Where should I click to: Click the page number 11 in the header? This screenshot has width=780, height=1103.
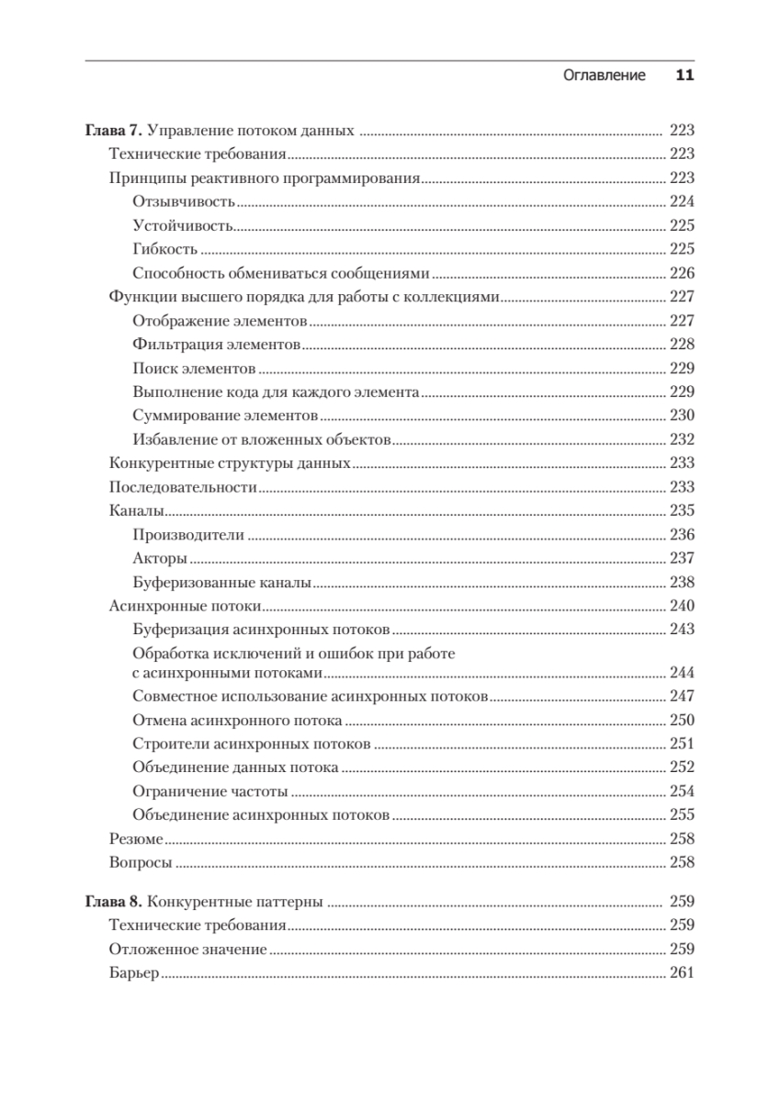tap(684, 75)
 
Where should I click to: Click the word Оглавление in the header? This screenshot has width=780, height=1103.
tap(604, 75)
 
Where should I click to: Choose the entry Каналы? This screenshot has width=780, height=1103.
tap(136, 511)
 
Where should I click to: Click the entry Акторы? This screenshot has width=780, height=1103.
tap(160, 559)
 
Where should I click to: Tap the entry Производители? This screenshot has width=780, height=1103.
tap(187, 535)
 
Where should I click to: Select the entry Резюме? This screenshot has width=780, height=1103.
tap(136, 839)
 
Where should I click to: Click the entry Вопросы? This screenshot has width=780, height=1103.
tap(141, 863)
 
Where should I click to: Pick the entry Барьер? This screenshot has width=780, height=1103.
tap(134, 973)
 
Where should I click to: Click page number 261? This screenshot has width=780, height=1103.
tap(682, 973)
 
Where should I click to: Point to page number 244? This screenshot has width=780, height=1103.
tap(682, 673)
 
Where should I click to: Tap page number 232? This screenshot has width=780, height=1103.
tap(682, 440)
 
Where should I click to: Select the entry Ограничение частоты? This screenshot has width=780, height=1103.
tap(210, 791)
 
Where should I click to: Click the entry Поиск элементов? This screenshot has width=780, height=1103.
tap(194, 369)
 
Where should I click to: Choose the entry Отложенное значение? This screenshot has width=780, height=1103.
tap(187, 949)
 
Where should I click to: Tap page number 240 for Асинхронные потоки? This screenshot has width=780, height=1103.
tap(682, 607)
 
